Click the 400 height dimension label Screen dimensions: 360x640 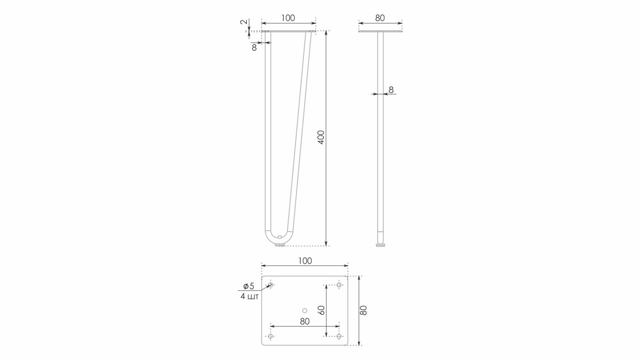321,137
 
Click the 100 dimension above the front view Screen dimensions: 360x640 288,18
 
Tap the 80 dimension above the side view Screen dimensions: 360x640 380,18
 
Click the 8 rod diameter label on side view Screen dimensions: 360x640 391,90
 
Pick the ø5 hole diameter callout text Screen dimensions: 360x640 249,286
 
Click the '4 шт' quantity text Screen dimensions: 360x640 249,296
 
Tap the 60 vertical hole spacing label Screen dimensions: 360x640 321,310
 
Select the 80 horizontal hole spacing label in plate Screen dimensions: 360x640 305,322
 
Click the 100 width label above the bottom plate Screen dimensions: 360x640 305,261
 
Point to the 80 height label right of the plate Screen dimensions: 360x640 364,310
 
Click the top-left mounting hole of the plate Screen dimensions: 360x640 271,285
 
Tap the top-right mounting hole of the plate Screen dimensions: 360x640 339,285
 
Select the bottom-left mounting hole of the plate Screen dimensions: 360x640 271,336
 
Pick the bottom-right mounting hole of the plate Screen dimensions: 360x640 339,336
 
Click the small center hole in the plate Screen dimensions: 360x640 305,310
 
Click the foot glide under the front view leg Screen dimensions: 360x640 280,244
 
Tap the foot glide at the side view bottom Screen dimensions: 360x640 380,245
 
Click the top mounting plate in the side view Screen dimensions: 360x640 380,32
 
